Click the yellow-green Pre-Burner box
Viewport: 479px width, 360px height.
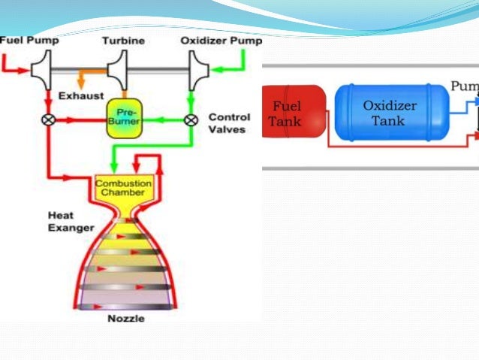124,119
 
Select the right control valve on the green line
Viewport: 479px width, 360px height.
191,119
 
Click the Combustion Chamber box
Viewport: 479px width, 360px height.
122,187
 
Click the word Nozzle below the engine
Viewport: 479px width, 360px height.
126,319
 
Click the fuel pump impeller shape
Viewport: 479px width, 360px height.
41,70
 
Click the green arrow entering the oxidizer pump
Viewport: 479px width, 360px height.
225,70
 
